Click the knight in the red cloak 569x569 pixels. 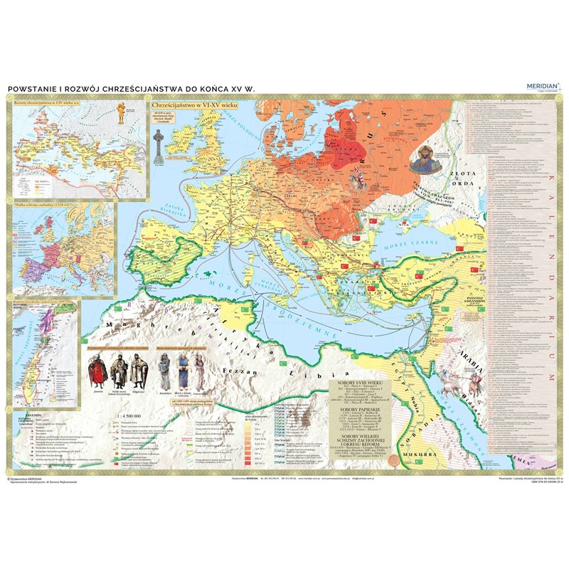pyautogui.click(x=98, y=371)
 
